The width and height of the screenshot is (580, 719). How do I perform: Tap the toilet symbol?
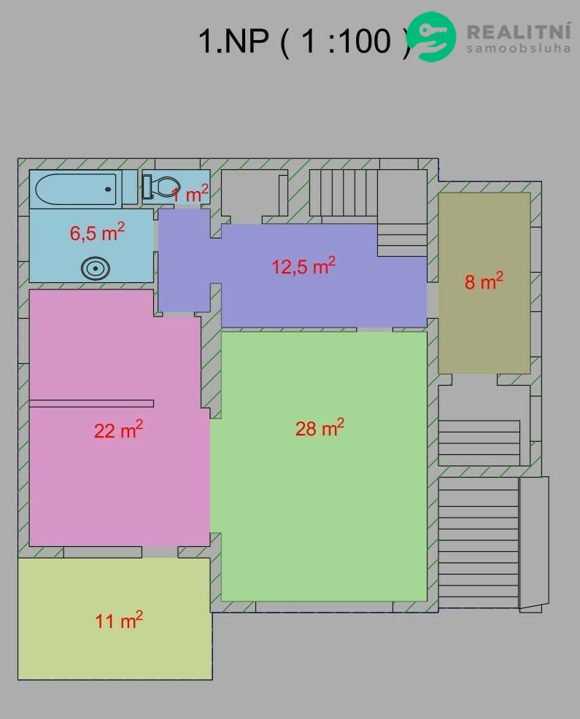coord(161,187)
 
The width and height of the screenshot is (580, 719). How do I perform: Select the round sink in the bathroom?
coord(96,268)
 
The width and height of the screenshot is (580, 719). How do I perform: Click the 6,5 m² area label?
coord(97,232)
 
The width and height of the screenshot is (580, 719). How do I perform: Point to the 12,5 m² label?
coord(303,265)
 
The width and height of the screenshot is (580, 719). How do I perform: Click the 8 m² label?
coord(484,281)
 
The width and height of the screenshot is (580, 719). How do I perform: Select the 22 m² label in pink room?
coord(118,430)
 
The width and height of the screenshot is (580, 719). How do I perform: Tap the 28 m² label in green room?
coord(320,427)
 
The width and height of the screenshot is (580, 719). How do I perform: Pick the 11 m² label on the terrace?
coord(119,620)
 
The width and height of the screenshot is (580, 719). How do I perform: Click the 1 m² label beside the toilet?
coord(190,193)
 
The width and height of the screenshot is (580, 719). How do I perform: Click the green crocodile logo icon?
coord(431,36)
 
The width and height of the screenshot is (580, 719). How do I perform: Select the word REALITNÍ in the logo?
coord(519,31)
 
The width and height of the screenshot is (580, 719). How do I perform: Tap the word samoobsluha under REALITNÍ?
coord(519,48)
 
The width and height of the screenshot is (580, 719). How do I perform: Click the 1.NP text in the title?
coord(233,41)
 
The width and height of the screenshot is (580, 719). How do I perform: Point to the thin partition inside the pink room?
coord(91,403)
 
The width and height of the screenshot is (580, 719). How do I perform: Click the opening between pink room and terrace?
coord(160,552)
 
